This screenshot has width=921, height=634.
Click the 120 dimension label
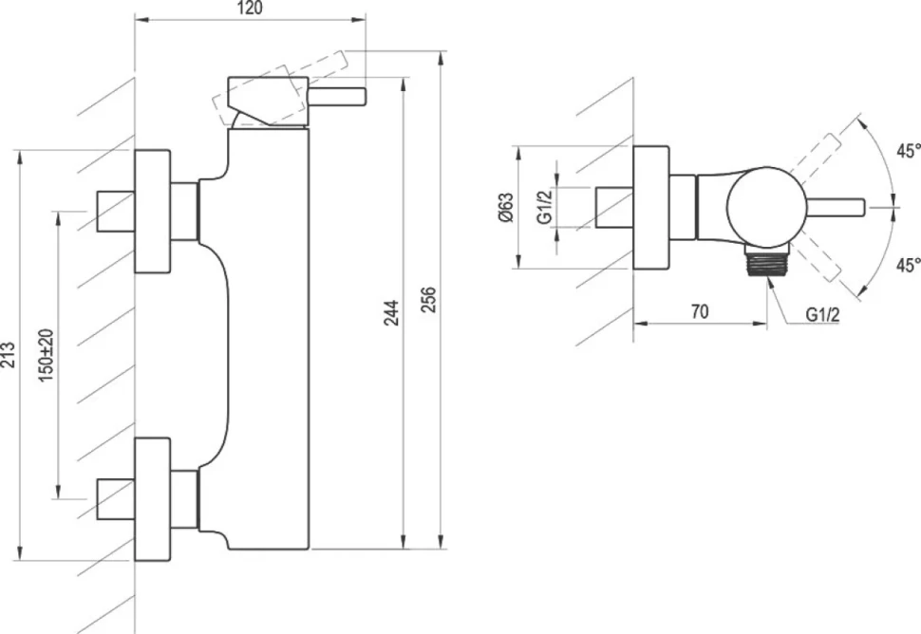tap(251, 9)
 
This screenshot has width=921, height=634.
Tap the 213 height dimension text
tap(9, 355)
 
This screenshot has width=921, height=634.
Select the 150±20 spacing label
tap(47, 356)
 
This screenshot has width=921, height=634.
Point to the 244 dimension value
tap(391, 312)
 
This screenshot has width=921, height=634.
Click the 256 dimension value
tap(429, 299)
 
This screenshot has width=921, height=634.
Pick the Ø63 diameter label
tap(505, 207)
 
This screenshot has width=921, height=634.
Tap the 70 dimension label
tap(700, 311)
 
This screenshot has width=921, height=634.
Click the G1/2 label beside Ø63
tap(545, 207)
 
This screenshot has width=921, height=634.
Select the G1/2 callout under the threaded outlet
tap(822, 315)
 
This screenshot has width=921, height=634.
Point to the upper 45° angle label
tap(908, 151)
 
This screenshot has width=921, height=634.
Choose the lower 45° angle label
tap(908, 265)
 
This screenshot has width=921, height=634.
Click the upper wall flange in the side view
tap(153, 212)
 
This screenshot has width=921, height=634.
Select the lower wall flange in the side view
tap(153, 499)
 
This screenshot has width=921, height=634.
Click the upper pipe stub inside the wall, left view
tap(116, 211)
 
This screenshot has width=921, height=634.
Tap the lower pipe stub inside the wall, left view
tap(116, 499)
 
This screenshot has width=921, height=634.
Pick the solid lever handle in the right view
tap(835, 207)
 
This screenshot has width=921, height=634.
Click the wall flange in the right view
tap(650, 207)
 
